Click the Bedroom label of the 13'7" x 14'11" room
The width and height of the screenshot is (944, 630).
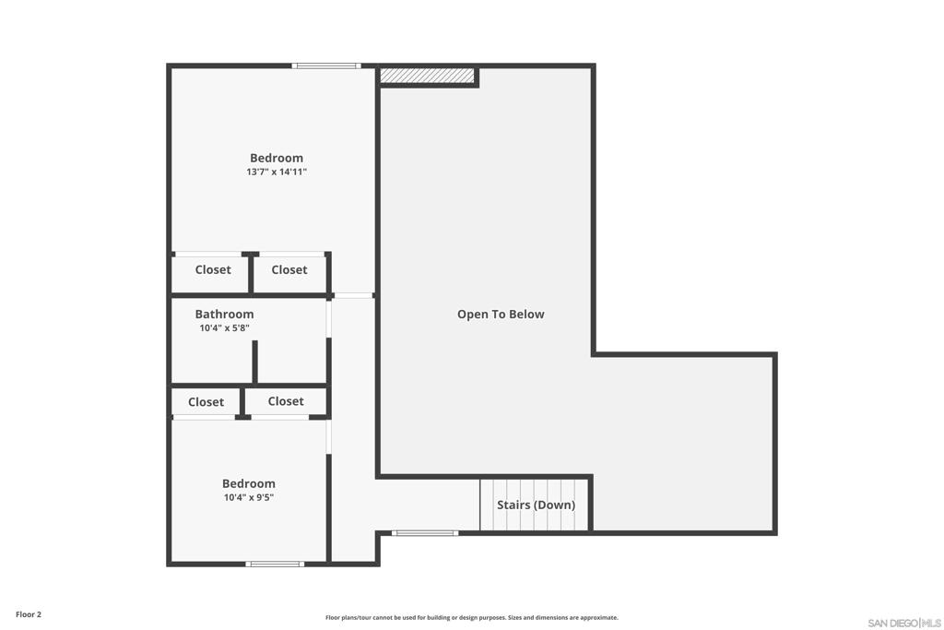(x=277, y=158)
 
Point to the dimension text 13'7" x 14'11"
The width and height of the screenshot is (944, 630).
(x=277, y=172)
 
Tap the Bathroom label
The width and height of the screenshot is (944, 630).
(x=224, y=314)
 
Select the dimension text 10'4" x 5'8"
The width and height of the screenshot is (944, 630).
(x=224, y=327)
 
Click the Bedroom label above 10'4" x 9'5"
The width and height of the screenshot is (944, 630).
(x=249, y=483)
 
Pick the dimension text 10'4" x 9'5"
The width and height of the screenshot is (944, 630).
(x=249, y=497)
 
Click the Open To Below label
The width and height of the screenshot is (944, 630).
(x=501, y=314)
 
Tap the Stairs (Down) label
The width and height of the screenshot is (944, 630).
(x=536, y=505)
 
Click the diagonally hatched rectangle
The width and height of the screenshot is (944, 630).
(x=427, y=76)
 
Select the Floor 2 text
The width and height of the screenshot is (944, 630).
(x=29, y=614)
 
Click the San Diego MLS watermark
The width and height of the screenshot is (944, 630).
(x=904, y=623)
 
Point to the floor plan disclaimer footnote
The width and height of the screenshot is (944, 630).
(x=471, y=617)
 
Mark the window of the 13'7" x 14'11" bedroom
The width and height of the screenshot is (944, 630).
(x=326, y=65)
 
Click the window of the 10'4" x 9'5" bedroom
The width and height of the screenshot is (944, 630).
(x=275, y=564)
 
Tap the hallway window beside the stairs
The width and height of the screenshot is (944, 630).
(x=425, y=533)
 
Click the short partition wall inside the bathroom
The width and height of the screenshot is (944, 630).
(x=254, y=362)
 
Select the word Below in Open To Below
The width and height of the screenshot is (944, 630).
(x=527, y=314)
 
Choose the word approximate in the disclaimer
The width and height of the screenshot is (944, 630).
(x=599, y=617)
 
